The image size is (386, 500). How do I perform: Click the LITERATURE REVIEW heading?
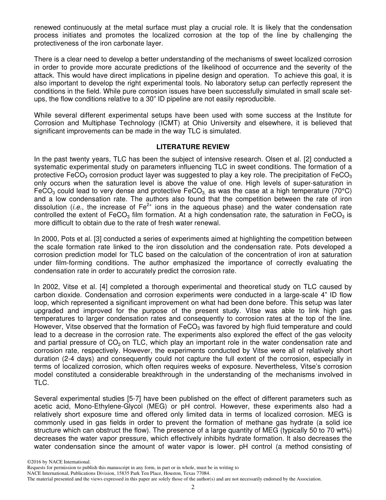tap(193, 147)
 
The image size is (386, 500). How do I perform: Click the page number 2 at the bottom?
tap(193, 487)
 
